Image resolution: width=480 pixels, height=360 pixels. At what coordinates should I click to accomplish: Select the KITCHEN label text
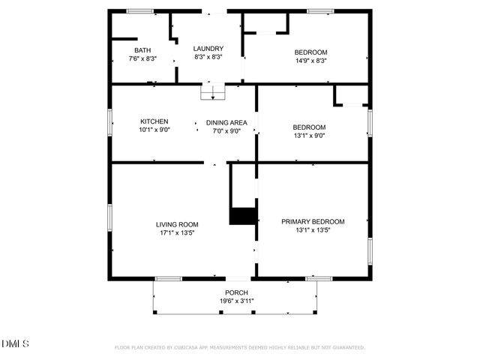point(154,121)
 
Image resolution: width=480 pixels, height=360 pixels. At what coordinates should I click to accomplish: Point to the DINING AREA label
point(226,121)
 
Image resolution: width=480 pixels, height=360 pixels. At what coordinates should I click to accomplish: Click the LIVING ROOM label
point(177,224)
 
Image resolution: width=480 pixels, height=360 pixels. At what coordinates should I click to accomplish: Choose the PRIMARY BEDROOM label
point(313,221)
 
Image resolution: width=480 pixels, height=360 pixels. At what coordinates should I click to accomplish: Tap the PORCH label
point(236,292)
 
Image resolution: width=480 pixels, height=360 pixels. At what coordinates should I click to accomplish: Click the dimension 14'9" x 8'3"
point(310,61)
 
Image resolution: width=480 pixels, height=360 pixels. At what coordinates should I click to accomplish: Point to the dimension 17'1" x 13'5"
point(177,233)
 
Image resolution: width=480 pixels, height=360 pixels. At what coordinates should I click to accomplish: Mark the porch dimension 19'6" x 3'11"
point(236,301)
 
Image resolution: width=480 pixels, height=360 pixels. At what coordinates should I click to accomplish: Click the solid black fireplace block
point(242,216)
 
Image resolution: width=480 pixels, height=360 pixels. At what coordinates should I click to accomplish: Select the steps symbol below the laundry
point(213,92)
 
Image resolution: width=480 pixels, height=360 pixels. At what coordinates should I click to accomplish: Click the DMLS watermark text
point(15,344)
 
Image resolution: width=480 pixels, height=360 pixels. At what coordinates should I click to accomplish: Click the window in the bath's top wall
point(139,10)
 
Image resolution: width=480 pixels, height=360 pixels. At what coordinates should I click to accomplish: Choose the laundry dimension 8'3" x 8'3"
point(209,56)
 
